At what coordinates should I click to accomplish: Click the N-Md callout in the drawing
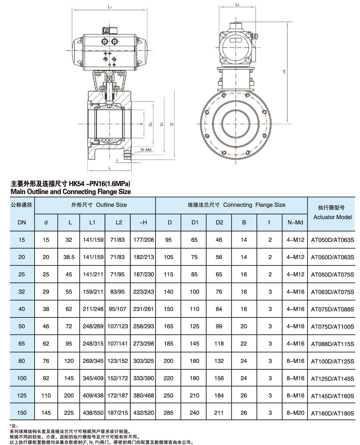pyautogui.click(x=146, y=150)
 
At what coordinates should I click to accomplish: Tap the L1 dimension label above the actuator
pyautogui.click(x=110, y=7)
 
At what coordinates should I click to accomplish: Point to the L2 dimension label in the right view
pyautogui.click(x=237, y=5)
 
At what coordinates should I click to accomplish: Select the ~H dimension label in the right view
pyautogui.click(x=284, y=72)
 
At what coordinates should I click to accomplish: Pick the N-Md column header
pyautogui.click(x=295, y=222)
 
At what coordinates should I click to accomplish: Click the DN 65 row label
pyautogui.click(x=22, y=344)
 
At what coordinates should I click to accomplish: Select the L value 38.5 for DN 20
pyautogui.click(x=69, y=257)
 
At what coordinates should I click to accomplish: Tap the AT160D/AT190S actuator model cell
pyautogui.click(x=332, y=413)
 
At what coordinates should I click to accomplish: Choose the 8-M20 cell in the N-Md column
pyautogui.click(x=295, y=413)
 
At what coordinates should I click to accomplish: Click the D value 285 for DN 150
pyautogui.click(x=168, y=413)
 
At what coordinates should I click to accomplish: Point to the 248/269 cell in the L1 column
pyautogui.click(x=93, y=326)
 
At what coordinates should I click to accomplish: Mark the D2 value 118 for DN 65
pyautogui.click(x=219, y=344)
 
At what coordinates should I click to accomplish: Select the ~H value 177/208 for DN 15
pyautogui.click(x=143, y=240)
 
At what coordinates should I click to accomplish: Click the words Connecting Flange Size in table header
pyautogui.click(x=254, y=205)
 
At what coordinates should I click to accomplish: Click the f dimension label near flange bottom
pyautogui.click(x=117, y=161)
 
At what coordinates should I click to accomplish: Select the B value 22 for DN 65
pyautogui.click(x=244, y=344)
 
